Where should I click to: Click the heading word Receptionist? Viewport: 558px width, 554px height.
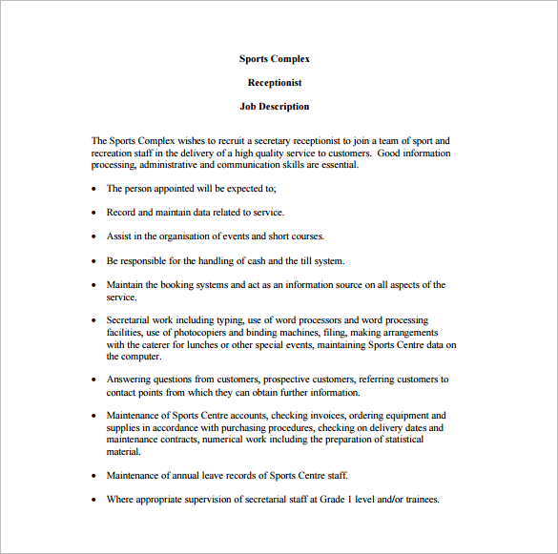tap(275, 83)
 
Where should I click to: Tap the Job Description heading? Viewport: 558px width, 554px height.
tap(275, 107)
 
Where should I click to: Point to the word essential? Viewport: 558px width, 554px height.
tap(337, 164)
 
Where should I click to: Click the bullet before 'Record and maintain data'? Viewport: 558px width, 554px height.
tap(93, 213)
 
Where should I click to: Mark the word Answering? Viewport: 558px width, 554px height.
tap(129, 380)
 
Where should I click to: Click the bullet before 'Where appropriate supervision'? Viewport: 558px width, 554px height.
tap(93, 500)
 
